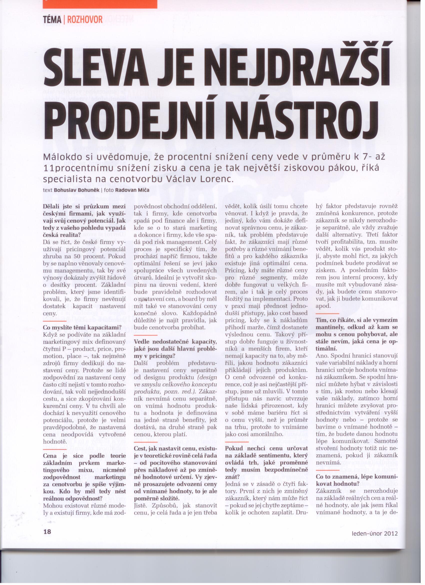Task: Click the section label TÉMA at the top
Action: pyautogui.click(x=52, y=20)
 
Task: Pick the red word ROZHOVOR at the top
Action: pyautogui.click(x=85, y=20)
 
